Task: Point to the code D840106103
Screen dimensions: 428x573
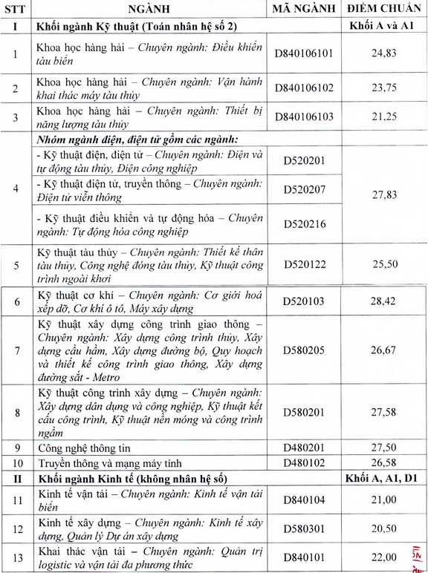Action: tap(304, 116)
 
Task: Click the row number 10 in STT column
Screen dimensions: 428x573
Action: tap(16, 462)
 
